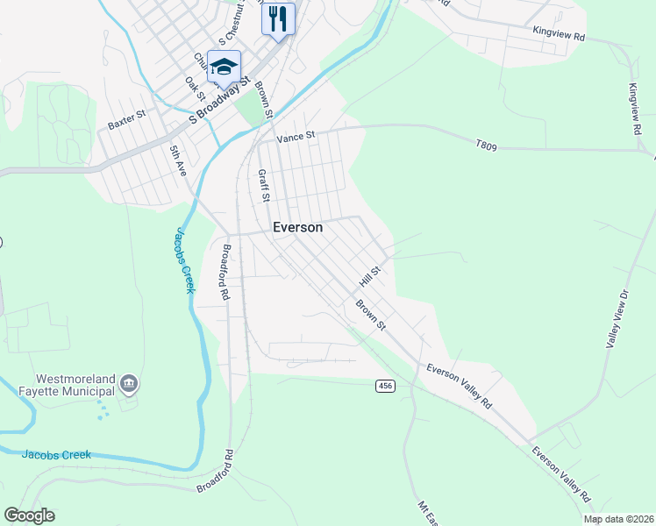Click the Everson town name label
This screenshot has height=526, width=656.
[297, 227]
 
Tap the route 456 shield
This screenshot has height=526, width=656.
[384, 386]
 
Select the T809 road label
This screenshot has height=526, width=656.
[486, 146]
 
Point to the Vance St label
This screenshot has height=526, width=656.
[295, 137]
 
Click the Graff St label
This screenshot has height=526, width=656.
[262, 185]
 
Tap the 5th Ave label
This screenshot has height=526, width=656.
[178, 161]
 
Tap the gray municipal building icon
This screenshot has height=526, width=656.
[129, 383]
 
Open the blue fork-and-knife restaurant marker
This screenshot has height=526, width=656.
[278, 18]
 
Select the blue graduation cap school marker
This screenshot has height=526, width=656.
[224, 68]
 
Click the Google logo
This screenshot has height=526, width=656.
[29, 515]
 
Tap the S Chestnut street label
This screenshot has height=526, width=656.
[232, 32]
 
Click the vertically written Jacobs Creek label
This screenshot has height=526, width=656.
[183, 260]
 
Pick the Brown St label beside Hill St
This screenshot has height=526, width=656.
[370, 315]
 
